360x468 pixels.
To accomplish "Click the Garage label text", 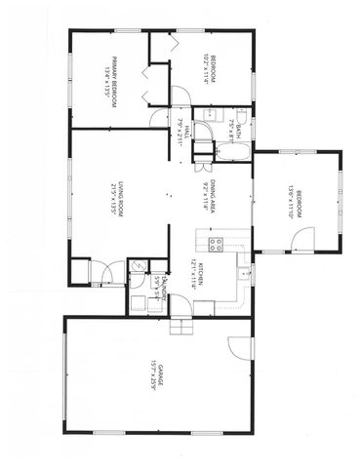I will coord(158,375).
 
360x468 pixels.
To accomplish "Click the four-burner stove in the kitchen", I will coord(216,244).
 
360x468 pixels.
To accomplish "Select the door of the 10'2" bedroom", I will coord(180,96).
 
